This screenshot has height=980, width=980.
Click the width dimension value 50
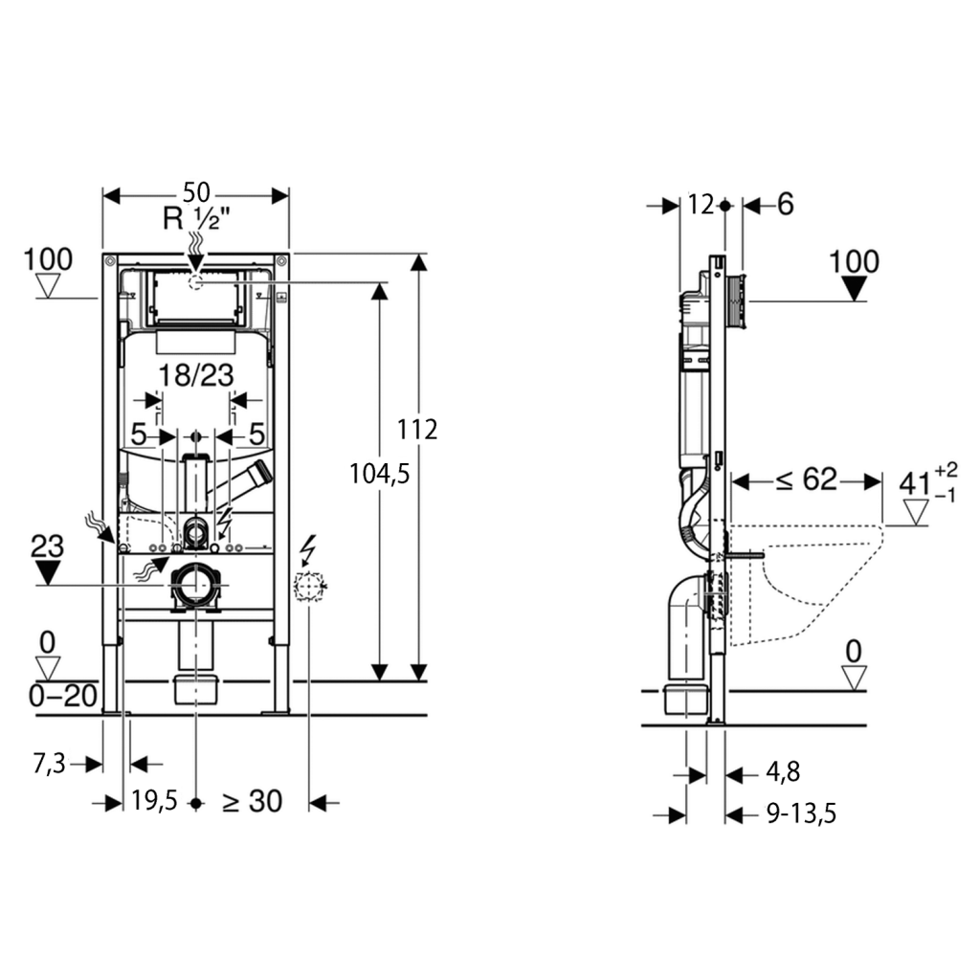(x=196, y=192)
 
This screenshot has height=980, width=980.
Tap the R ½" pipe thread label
(x=196, y=219)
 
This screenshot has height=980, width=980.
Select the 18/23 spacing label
(x=196, y=375)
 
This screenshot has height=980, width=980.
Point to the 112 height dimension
(x=417, y=430)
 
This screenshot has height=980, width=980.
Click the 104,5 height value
(x=379, y=475)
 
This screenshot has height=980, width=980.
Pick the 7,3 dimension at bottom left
(x=50, y=764)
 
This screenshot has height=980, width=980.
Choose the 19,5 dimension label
(x=154, y=800)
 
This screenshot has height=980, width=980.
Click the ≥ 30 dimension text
(x=252, y=801)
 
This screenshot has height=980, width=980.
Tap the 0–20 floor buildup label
(x=63, y=696)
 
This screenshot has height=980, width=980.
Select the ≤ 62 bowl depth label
(x=806, y=479)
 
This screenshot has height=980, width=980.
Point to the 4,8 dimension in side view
(x=783, y=772)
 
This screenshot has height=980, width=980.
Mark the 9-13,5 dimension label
(x=801, y=813)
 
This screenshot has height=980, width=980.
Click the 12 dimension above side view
(x=701, y=205)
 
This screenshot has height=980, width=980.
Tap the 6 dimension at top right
(x=785, y=205)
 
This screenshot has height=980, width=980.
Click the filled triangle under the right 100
(x=854, y=289)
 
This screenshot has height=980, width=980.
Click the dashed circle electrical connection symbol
(x=309, y=587)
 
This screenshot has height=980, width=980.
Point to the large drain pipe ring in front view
(x=197, y=585)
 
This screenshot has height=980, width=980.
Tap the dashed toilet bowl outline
(x=806, y=585)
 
